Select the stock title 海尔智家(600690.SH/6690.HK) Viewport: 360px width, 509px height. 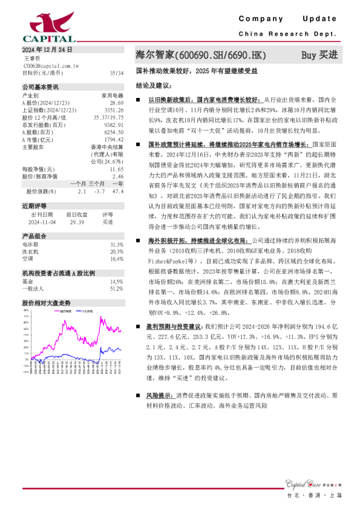(x=201, y=56)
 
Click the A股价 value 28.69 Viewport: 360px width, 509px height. (x=117, y=103)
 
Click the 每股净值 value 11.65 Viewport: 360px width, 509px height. (x=116, y=169)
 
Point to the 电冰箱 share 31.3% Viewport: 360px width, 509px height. (x=117, y=244)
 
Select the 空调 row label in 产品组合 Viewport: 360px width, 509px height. (x=27, y=258)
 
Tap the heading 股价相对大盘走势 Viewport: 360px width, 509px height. (x=47, y=303)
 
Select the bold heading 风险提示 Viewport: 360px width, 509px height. (x=160, y=395)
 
